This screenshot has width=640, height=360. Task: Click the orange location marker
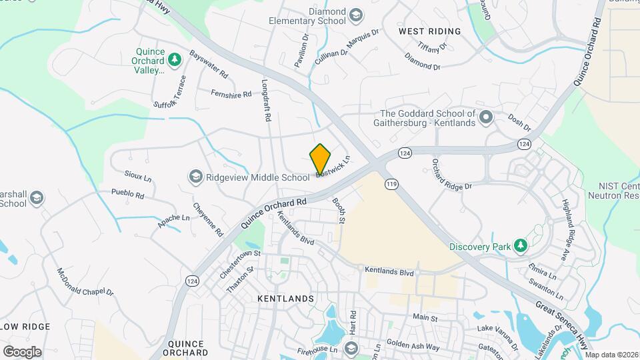tap(321, 159)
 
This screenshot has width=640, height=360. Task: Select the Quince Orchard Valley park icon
tap(175, 60)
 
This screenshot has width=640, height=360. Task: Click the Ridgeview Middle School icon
tap(195, 177)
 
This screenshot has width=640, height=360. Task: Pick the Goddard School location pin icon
tap(486, 118)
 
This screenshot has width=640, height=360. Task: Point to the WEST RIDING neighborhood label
tap(429, 31)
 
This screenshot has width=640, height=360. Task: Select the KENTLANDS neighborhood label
tap(285, 299)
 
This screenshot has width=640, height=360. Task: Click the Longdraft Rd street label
tap(266, 101)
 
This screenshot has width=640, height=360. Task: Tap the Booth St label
tap(339, 209)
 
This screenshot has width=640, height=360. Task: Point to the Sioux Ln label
tap(138, 178)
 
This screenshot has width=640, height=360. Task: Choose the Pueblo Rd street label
tap(128, 195)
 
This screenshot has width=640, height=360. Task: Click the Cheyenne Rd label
tap(207, 219)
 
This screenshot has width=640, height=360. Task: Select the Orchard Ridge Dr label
tap(451, 176)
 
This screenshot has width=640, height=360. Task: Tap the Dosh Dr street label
tap(519, 123)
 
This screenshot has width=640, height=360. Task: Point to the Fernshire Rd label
tap(231, 94)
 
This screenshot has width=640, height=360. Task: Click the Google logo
tap(22, 351)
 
